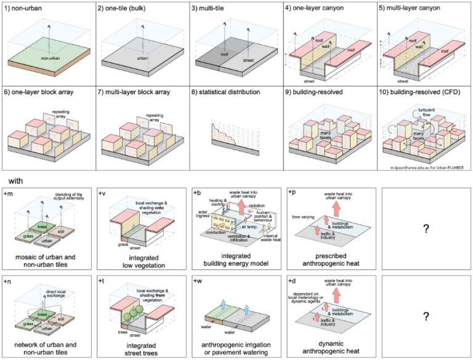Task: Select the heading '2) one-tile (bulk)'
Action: pos(123,7)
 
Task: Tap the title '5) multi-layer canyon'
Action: pos(406,7)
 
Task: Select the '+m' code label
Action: pos(9,193)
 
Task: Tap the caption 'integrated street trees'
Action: pos(141,347)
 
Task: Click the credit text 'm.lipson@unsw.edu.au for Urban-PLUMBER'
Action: pos(427,167)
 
